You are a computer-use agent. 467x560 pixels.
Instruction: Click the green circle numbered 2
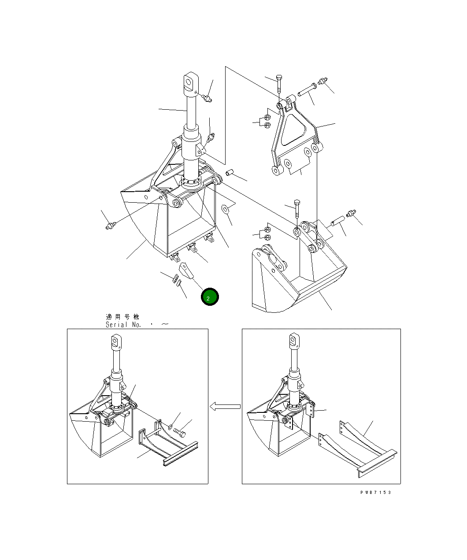[210, 297]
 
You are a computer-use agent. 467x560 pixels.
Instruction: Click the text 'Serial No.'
[123, 325]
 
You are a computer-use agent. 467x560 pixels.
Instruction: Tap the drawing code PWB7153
[375, 492]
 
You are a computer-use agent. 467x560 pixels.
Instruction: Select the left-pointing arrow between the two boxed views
[225, 406]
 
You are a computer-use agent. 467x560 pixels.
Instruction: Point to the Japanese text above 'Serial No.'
[122, 316]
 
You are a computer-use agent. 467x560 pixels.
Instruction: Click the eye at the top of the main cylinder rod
[191, 82]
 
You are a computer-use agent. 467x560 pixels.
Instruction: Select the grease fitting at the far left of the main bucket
[111, 227]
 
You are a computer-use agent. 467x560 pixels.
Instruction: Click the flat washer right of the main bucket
[225, 208]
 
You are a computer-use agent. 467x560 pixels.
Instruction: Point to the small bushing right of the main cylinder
[230, 172]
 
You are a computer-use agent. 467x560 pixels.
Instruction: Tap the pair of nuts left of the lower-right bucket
[266, 233]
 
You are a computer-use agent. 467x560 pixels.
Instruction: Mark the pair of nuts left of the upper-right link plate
[267, 122]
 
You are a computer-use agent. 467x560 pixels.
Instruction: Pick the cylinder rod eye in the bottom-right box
[294, 341]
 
